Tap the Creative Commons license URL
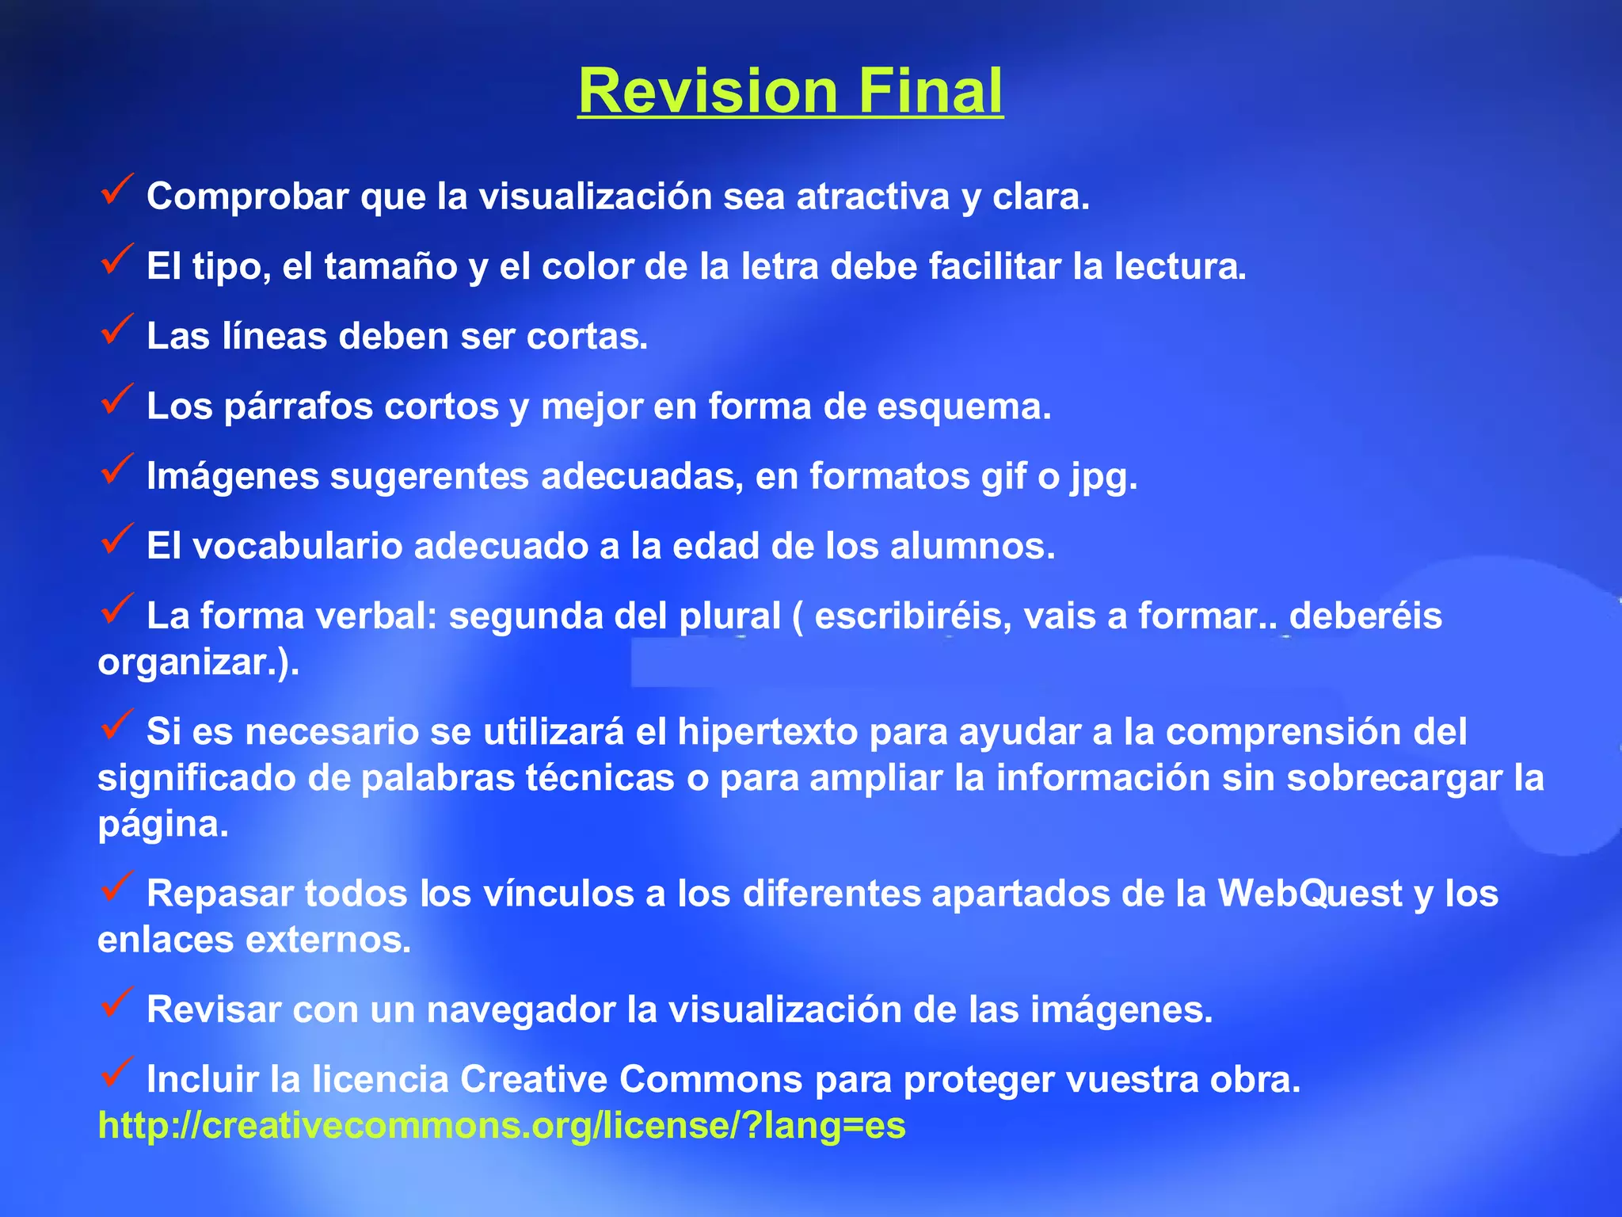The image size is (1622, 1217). pyautogui.click(x=501, y=1125)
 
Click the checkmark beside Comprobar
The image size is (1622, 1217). pyautogui.click(x=117, y=190)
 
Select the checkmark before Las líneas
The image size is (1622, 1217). pyautogui.click(x=117, y=330)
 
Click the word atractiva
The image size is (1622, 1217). pyautogui.click(x=872, y=196)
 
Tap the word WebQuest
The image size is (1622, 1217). pyautogui.click(x=1310, y=894)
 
